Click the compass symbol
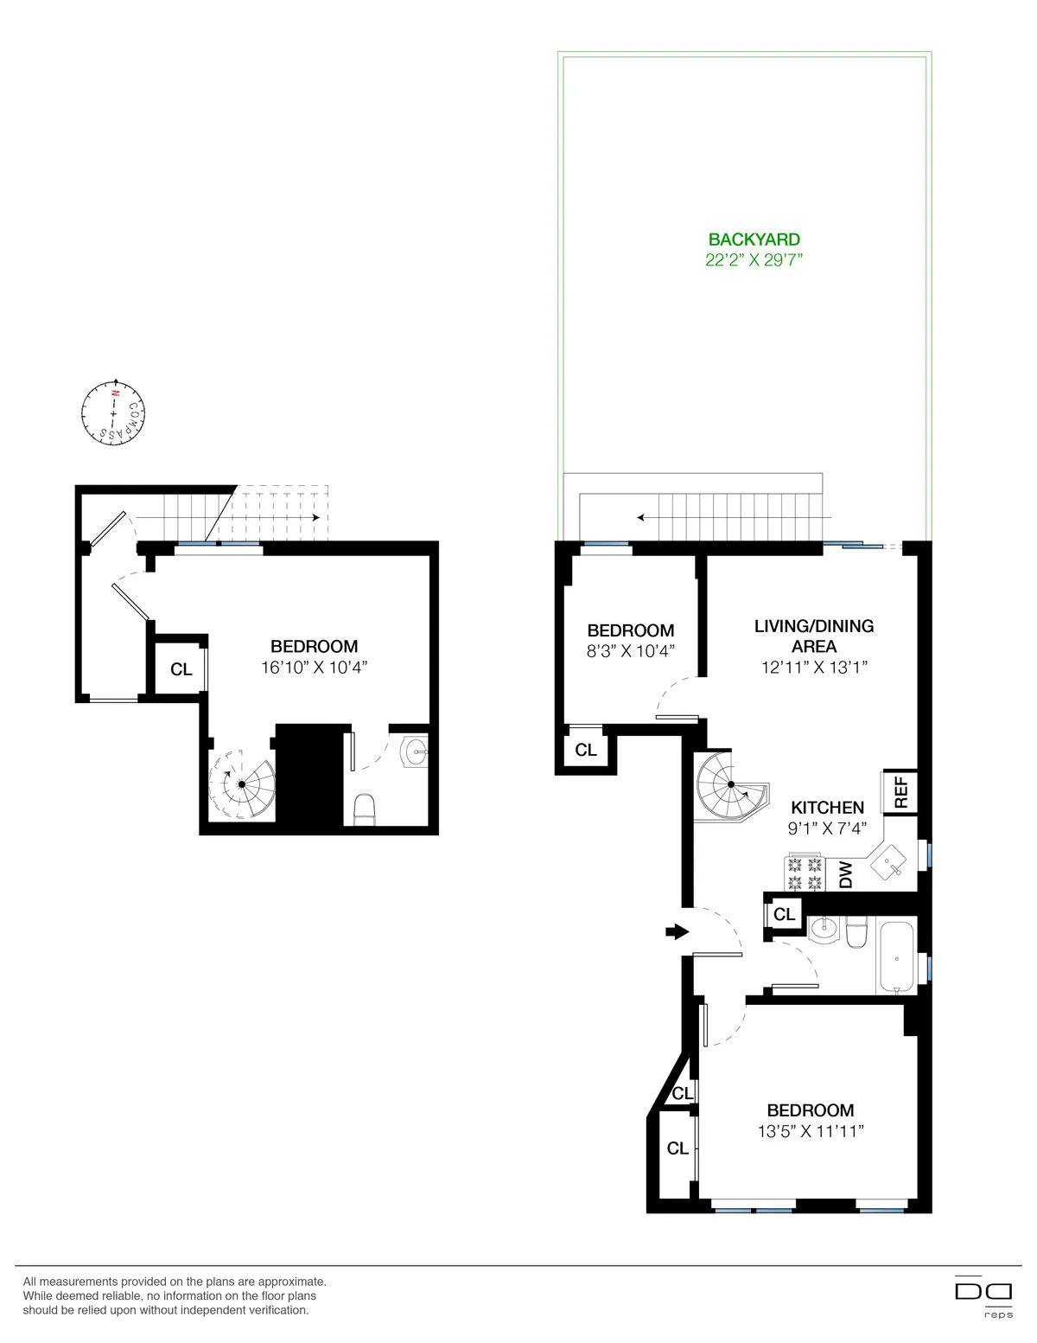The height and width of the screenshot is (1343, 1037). coord(112,414)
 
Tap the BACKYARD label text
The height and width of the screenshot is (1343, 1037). coord(754,240)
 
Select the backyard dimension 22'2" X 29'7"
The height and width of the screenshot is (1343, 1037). coord(754,260)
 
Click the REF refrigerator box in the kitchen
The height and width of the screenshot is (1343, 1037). coord(899,791)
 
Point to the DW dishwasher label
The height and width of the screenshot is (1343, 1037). coord(846,874)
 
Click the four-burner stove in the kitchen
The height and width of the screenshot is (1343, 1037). coord(804,873)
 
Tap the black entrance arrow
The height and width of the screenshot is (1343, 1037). coord(677,931)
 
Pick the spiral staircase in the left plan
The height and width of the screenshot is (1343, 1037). coord(242,783)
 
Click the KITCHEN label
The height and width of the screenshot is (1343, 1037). coord(827,808)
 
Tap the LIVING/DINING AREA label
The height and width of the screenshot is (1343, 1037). coord(814,636)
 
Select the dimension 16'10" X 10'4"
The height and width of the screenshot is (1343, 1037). coord(314,668)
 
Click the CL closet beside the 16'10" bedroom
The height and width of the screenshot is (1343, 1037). coord(181,669)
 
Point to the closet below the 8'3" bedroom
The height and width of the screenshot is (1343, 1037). coord(586,750)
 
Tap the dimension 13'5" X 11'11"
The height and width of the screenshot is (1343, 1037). coord(810,1132)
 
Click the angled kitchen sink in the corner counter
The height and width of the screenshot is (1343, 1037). coord(888,861)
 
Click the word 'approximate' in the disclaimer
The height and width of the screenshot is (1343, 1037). coord(291,1282)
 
